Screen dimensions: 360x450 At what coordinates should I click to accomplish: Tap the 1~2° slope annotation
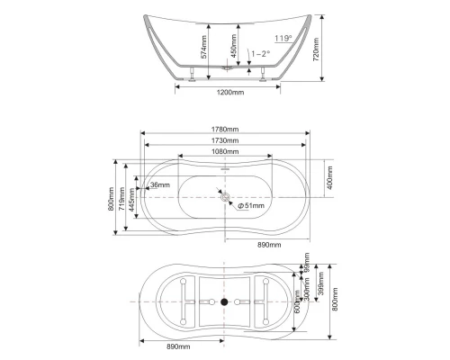click(261, 53)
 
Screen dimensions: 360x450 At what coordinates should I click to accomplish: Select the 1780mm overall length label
click(224, 128)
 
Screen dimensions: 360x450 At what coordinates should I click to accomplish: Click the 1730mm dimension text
click(224, 140)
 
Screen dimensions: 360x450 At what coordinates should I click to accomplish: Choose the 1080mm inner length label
click(225, 152)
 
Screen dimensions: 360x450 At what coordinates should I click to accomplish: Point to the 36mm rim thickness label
click(160, 186)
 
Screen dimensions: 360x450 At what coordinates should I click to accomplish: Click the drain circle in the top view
click(225, 196)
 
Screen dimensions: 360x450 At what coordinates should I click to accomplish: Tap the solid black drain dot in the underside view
click(225, 301)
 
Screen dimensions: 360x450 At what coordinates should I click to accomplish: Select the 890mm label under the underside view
click(179, 346)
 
